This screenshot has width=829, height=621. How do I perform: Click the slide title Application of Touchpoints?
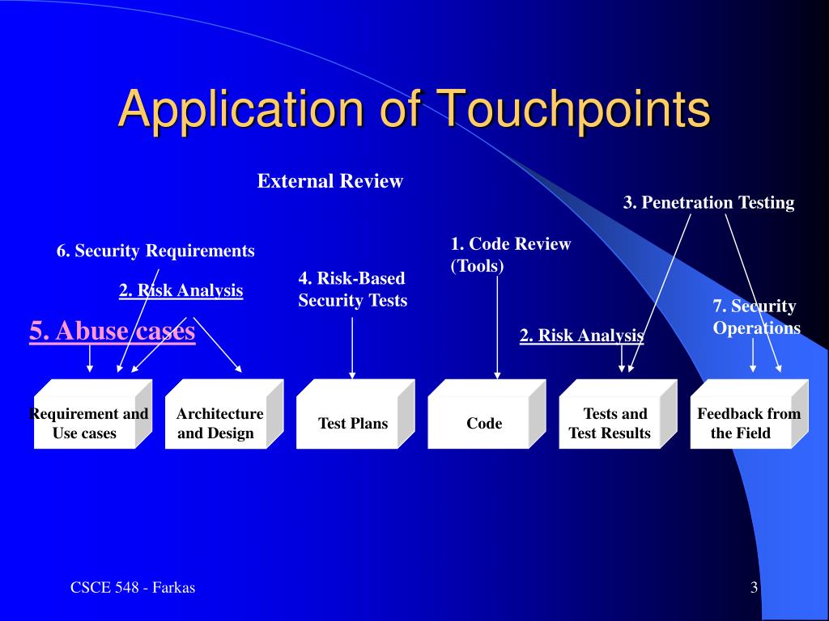(x=414, y=108)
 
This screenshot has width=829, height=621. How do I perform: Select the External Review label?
(x=329, y=181)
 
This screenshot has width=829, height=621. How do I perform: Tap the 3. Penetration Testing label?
(x=708, y=203)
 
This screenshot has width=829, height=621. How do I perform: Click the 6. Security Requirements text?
(x=155, y=251)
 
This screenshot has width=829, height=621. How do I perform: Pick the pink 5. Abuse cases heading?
(x=112, y=331)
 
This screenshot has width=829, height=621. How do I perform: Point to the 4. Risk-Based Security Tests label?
(x=352, y=289)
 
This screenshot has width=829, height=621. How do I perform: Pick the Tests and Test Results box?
(x=610, y=424)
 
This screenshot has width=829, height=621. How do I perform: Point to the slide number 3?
(x=754, y=588)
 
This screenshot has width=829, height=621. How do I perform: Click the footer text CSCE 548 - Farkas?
(x=132, y=588)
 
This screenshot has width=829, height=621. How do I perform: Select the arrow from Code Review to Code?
(x=497, y=323)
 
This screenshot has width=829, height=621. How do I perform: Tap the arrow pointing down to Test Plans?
(x=352, y=348)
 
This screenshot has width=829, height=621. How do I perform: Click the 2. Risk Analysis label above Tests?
(x=581, y=336)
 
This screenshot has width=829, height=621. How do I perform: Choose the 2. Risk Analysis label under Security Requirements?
(x=181, y=290)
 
